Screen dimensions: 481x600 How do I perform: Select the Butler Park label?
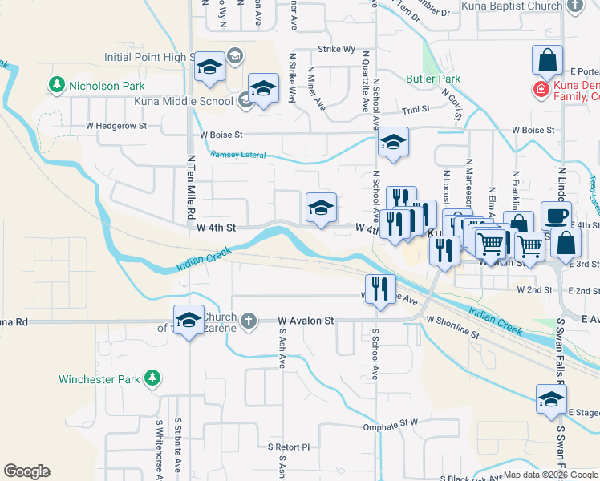(432, 79)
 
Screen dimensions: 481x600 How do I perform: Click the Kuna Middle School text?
(193, 101)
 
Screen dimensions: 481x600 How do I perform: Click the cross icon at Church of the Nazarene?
(249, 321)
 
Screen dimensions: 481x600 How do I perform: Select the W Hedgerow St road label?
(116, 126)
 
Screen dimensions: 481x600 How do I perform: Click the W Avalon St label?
(306, 321)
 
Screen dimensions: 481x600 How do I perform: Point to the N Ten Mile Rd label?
(191, 188)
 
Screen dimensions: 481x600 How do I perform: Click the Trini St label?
(416, 111)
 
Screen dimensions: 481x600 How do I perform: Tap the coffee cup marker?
(555, 216)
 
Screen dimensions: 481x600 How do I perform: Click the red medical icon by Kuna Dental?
(543, 87)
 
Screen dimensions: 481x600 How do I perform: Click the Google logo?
(27, 471)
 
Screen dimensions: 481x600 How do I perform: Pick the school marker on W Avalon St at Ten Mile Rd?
(189, 320)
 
